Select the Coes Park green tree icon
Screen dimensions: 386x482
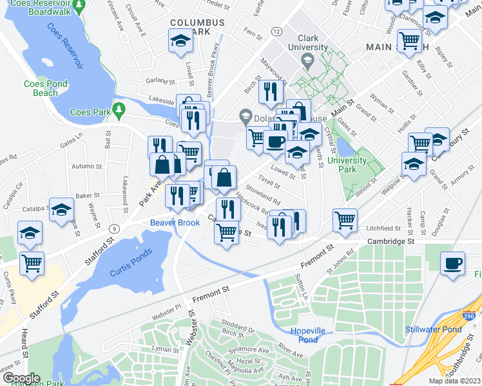[118, 110]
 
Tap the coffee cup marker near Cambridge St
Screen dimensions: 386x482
[452, 262]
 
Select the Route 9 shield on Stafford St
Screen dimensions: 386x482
[114, 228]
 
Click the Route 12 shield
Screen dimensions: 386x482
[276, 31]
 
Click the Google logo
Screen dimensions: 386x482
[21, 378]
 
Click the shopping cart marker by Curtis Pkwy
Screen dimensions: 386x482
[32, 262]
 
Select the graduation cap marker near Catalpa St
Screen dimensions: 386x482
[63, 209]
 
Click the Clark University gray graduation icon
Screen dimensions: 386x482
[307, 60]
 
